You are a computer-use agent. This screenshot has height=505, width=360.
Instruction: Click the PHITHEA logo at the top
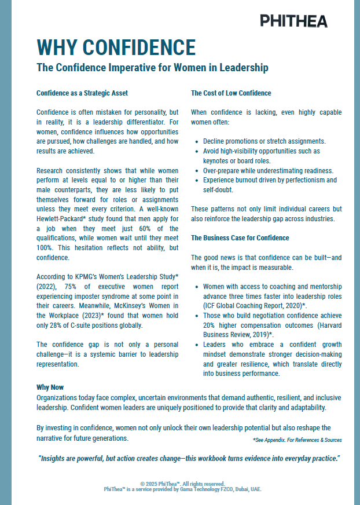click(293, 21)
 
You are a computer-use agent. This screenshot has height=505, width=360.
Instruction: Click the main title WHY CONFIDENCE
click(116, 47)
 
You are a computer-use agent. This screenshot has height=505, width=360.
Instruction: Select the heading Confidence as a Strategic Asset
click(82, 93)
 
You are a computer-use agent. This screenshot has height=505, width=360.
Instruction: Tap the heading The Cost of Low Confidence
click(231, 93)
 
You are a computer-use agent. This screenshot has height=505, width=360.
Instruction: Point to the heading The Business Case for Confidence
click(240, 237)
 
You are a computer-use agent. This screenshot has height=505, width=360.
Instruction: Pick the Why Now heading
click(50, 387)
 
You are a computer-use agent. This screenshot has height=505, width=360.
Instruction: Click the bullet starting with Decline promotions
click(264, 141)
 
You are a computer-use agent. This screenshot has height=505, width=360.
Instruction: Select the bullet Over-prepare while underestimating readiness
click(268, 170)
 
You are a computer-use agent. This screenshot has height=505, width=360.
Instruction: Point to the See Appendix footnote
click(297, 440)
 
